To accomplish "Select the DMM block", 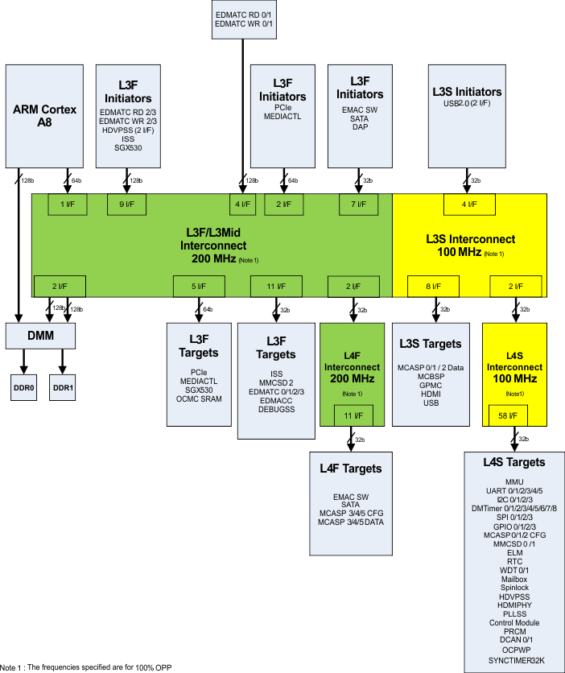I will (x=40, y=335).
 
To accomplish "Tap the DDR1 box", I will (x=63, y=387).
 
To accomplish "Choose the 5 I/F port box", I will (x=197, y=285).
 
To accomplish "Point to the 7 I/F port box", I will (x=358, y=204).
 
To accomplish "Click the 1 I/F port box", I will (x=68, y=204).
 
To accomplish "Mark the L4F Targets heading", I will (x=350, y=469).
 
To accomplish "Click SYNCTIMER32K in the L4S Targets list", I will (x=515, y=659).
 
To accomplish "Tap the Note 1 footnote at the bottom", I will (x=86, y=667).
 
